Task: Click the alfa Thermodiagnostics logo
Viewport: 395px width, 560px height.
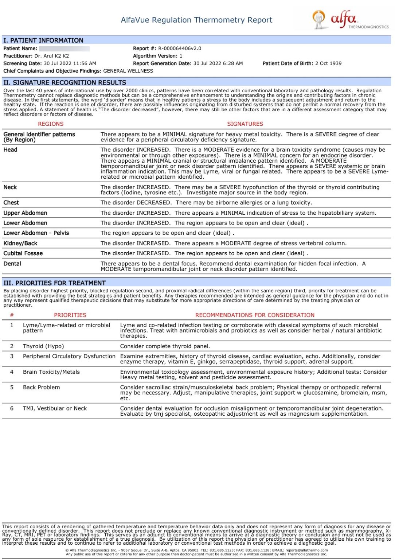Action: (350, 20)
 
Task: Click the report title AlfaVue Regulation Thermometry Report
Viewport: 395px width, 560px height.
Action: (196, 20)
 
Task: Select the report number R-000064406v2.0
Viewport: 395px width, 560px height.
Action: (179, 48)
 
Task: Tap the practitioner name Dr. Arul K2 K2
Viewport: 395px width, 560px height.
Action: (51, 56)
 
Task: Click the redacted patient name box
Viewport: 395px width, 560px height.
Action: (64, 48)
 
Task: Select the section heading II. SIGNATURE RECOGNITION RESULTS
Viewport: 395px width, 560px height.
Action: (64, 83)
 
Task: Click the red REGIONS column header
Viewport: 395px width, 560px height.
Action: (51, 124)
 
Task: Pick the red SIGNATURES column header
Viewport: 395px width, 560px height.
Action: (245, 124)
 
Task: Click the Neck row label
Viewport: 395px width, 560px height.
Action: (10, 187)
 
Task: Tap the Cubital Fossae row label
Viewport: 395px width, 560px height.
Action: (23, 253)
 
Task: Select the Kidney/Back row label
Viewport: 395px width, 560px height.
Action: (20, 243)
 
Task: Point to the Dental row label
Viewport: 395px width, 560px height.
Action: (12, 264)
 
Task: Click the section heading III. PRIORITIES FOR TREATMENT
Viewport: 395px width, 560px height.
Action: (54, 283)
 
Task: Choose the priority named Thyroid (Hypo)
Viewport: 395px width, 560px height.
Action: (43, 346)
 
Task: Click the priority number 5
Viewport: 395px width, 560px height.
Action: (12, 387)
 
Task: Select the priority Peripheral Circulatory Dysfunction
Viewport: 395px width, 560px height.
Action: (69, 356)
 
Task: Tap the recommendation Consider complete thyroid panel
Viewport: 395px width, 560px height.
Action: (165, 346)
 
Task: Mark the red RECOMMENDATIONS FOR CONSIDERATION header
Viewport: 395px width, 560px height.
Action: (255, 315)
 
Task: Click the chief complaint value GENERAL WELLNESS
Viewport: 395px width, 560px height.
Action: (128, 71)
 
